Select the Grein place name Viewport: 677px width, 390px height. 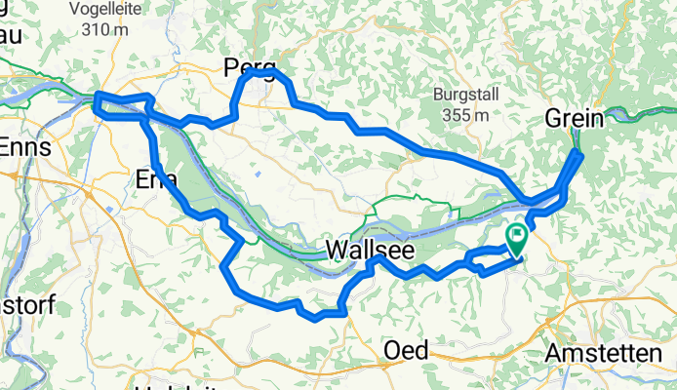tap(574, 118)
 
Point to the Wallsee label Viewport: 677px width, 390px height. tap(369, 251)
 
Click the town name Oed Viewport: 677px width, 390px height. tap(407, 350)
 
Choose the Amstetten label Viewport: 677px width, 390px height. tap(611, 353)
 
